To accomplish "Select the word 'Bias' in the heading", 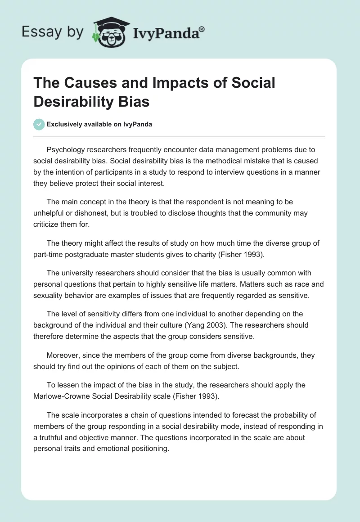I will coord(135,101).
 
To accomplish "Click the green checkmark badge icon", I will coord(39,124).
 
